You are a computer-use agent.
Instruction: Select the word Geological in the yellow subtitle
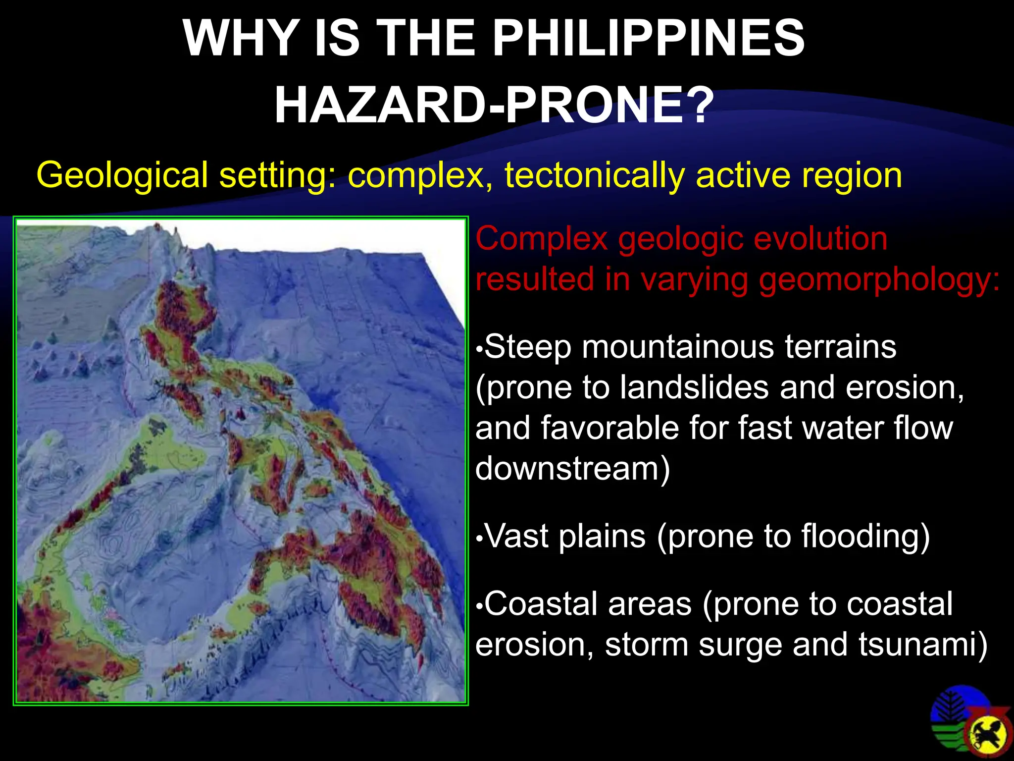coord(122,175)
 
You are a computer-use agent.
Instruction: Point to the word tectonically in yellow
coord(593,175)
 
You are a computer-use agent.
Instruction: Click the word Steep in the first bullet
coord(528,347)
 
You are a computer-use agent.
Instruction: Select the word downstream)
coord(572,469)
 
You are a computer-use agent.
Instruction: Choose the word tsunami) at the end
coord(923,645)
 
